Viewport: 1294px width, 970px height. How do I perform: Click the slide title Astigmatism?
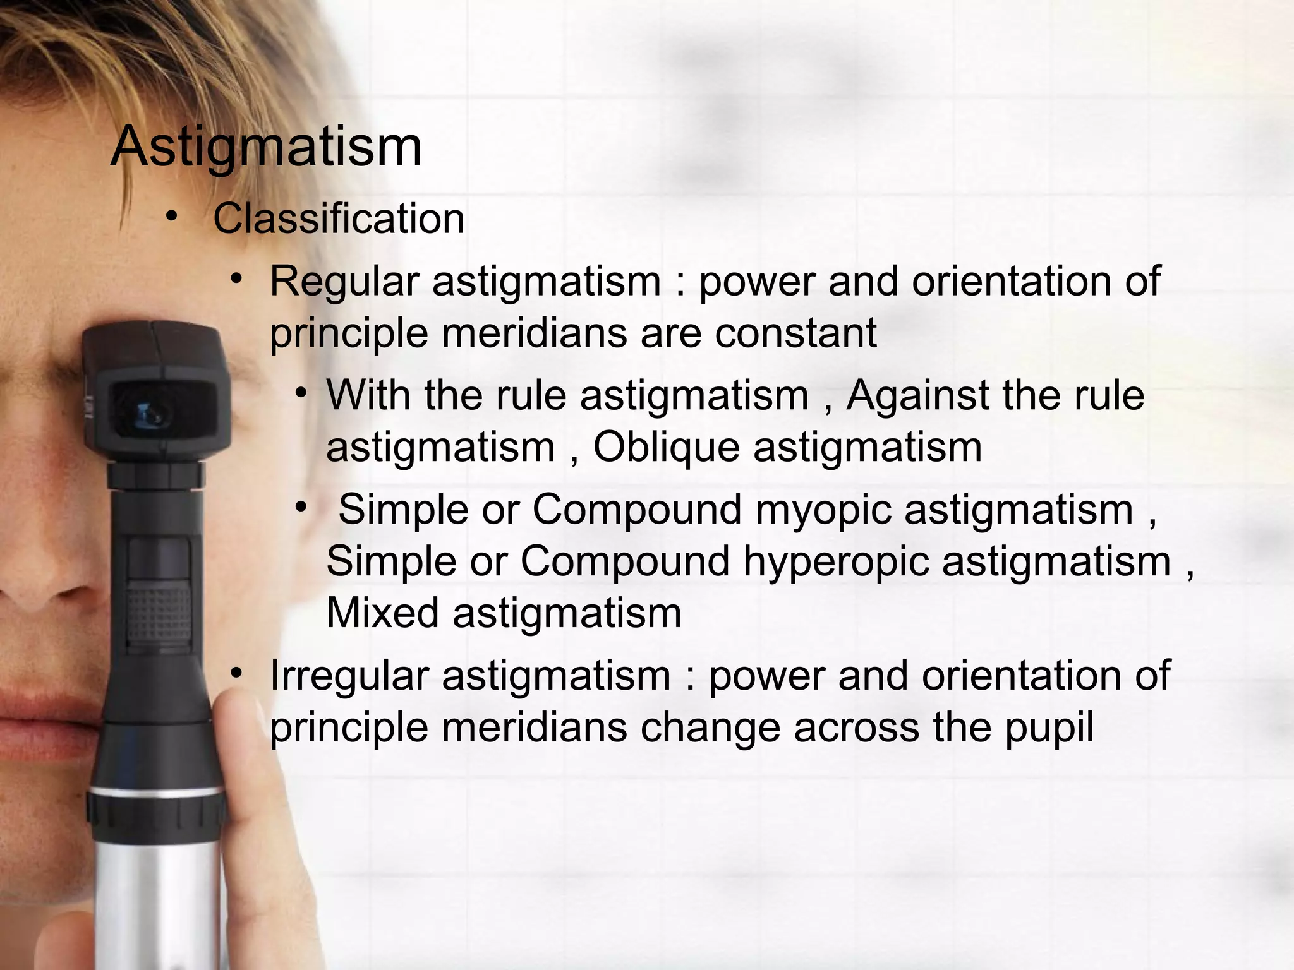[266, 147]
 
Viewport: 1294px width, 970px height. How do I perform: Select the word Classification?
[339, 219]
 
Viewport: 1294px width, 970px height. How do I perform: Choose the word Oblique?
[666, 448]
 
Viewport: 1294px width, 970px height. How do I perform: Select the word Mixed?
[382, 613]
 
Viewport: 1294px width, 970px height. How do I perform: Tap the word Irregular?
[349, 676]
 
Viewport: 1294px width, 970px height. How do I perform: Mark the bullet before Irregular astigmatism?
[236, 673]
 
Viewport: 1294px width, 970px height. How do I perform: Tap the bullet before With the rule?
[301, 393]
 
